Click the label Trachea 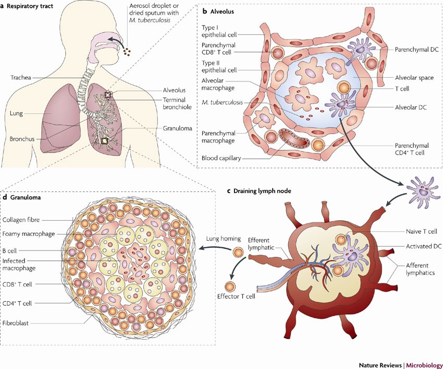point(21,78)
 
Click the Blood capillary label point(225,158)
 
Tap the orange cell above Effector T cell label point(229,286)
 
